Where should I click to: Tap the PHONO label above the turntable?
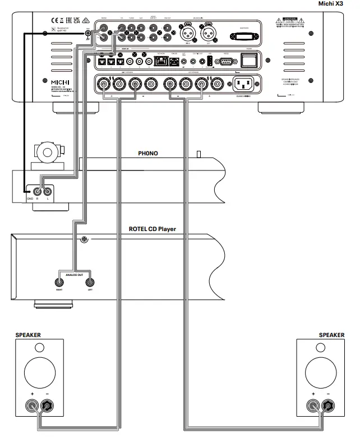pyautogui.click(x=150, y=153)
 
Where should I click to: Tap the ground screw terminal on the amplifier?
pyautogui.click(x=89, y=34)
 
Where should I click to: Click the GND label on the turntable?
pyautogui.click(x=29, y=199)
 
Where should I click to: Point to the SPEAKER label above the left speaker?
pyautogui.click(x=28, y=335)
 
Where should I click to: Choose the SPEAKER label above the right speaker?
pyautogui.click(x=331, y=335)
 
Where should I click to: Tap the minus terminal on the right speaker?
pyautogui.click(x=329, y=404)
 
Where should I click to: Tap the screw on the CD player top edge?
pyautogui.click(x=84, y=240)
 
